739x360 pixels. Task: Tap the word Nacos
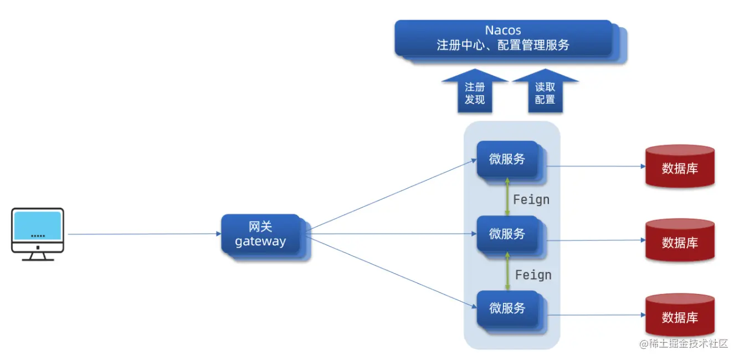[503, 30]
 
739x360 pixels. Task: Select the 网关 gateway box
[260, 234]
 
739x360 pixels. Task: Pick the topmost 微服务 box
[507, 160]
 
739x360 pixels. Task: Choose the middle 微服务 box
[507, 234]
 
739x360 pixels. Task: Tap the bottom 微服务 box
[507, 308]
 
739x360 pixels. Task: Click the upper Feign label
[531, 199]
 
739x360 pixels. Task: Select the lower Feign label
[533, 275]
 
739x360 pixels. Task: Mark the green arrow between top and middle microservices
[507, 197]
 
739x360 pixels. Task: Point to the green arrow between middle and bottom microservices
[507, 271]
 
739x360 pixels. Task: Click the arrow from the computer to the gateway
[144, 234]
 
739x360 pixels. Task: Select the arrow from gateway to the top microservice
[391, 194]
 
